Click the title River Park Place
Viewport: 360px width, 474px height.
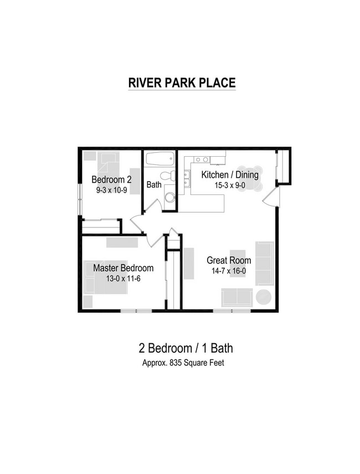click(182, 83)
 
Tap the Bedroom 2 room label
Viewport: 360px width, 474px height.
click(111, 179)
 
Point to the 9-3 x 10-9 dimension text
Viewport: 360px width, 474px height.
click(111, 190)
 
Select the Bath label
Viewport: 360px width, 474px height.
click(154, 184)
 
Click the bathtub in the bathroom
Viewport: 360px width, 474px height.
click(160, 158)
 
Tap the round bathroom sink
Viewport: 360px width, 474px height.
click(169, 197)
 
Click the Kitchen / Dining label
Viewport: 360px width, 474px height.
click(229, 175)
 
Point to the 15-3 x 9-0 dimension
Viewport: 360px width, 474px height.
click(229, 186)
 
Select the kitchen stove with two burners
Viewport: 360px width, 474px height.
click(202, 159)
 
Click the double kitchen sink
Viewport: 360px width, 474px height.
click(187, 179)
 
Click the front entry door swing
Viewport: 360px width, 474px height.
click(271, 197)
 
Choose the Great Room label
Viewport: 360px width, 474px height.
click(229, 260)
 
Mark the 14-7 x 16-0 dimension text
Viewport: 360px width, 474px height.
click(229, 271)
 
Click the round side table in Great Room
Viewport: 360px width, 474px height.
click(264, 297)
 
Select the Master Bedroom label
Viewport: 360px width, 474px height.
click(123, 268)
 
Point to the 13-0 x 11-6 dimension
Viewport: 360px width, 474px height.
click(123, 279)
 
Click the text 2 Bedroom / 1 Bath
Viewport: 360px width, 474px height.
click(186, 348)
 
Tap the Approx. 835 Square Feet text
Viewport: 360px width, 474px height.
click(183, 363)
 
